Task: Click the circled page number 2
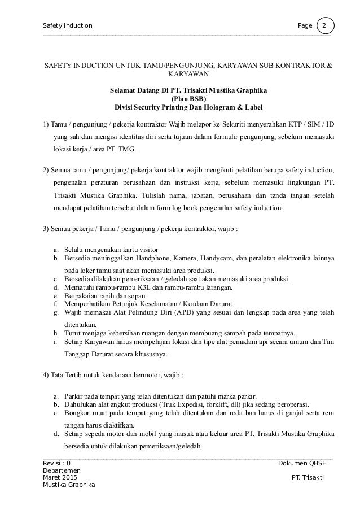point(325,26)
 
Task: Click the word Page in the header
point(305,26)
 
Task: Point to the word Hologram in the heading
point(221,107)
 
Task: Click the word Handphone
point(156,258)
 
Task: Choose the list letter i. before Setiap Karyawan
point(55,342)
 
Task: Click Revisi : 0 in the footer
point(57,463)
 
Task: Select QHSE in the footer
point(318,463)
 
